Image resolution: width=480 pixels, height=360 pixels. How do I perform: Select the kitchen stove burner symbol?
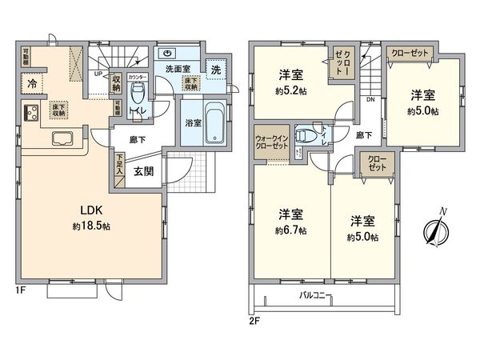(x=33, y=113)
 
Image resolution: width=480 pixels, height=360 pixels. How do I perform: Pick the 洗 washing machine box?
(x=216, y=70)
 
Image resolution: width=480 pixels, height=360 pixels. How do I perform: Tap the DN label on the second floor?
(x=370, y=100)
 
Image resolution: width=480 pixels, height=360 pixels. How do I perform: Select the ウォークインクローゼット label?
(x=273, y=141)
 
